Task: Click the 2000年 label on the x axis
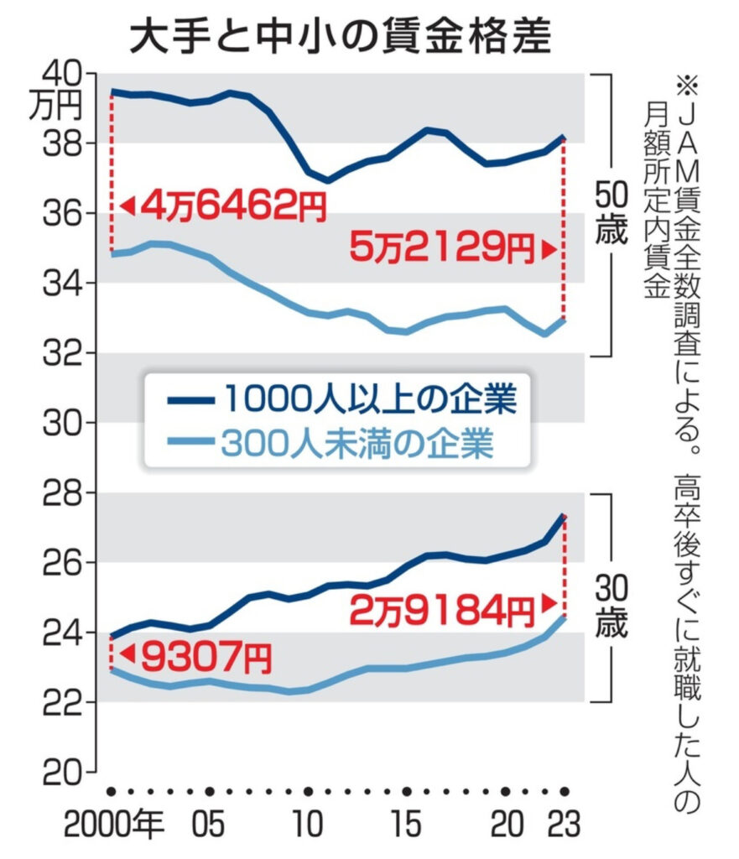tap(112, 826)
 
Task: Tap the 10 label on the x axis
tap(309, 826)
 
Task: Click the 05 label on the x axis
tap(210, 826)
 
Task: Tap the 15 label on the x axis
tap(407, 826)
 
